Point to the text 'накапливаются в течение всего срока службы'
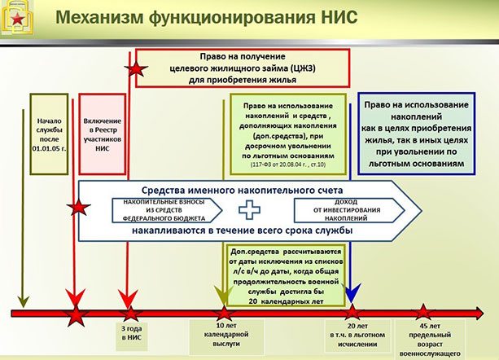244,231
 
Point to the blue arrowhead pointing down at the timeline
352,291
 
